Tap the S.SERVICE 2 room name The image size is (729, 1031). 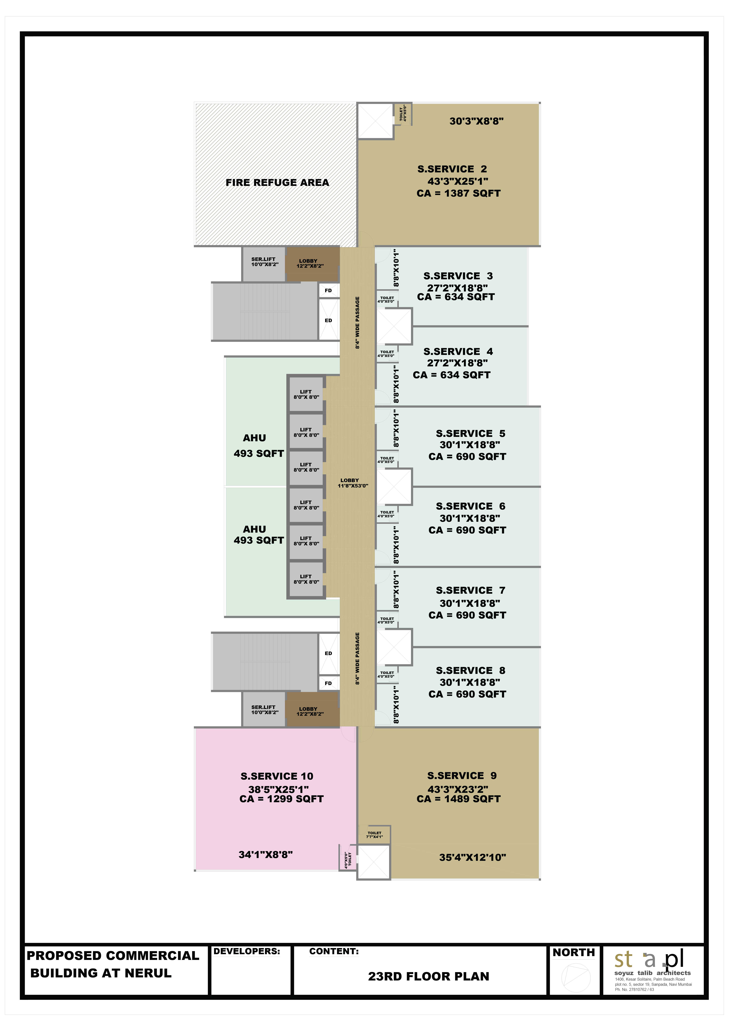coord(452,169)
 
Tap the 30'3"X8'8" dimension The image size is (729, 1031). coord(476,121)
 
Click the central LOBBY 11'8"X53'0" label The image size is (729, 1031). coord(353,483)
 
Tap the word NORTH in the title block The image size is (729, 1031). coord(574,952)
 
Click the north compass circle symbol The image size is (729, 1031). coord(576,978)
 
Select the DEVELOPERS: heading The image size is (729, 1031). coord(246,951)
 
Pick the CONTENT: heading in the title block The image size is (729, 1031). coord(334,951)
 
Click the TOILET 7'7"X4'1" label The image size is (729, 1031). coord(374,835)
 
